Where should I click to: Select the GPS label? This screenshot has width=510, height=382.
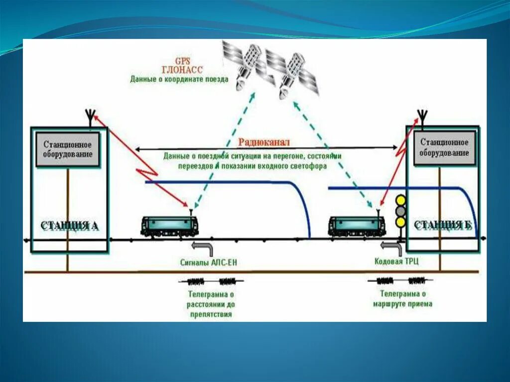(x=179, y=61)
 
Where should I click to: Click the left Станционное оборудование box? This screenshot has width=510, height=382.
(x=68, y=149)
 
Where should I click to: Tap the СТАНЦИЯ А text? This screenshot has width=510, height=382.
(x=69, y=226)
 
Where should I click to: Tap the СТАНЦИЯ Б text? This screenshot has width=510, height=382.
(x=443, y=226)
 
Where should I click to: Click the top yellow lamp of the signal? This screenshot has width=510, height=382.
(x=400, y=200)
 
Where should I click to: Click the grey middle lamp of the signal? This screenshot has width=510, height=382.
(x=400, y=211)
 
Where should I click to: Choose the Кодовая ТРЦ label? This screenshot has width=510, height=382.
(x=396, y=261)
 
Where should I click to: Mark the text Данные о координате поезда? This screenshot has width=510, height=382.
(x=179, y=79)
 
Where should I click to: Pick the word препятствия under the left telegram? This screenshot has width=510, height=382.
(x=211, y=315)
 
